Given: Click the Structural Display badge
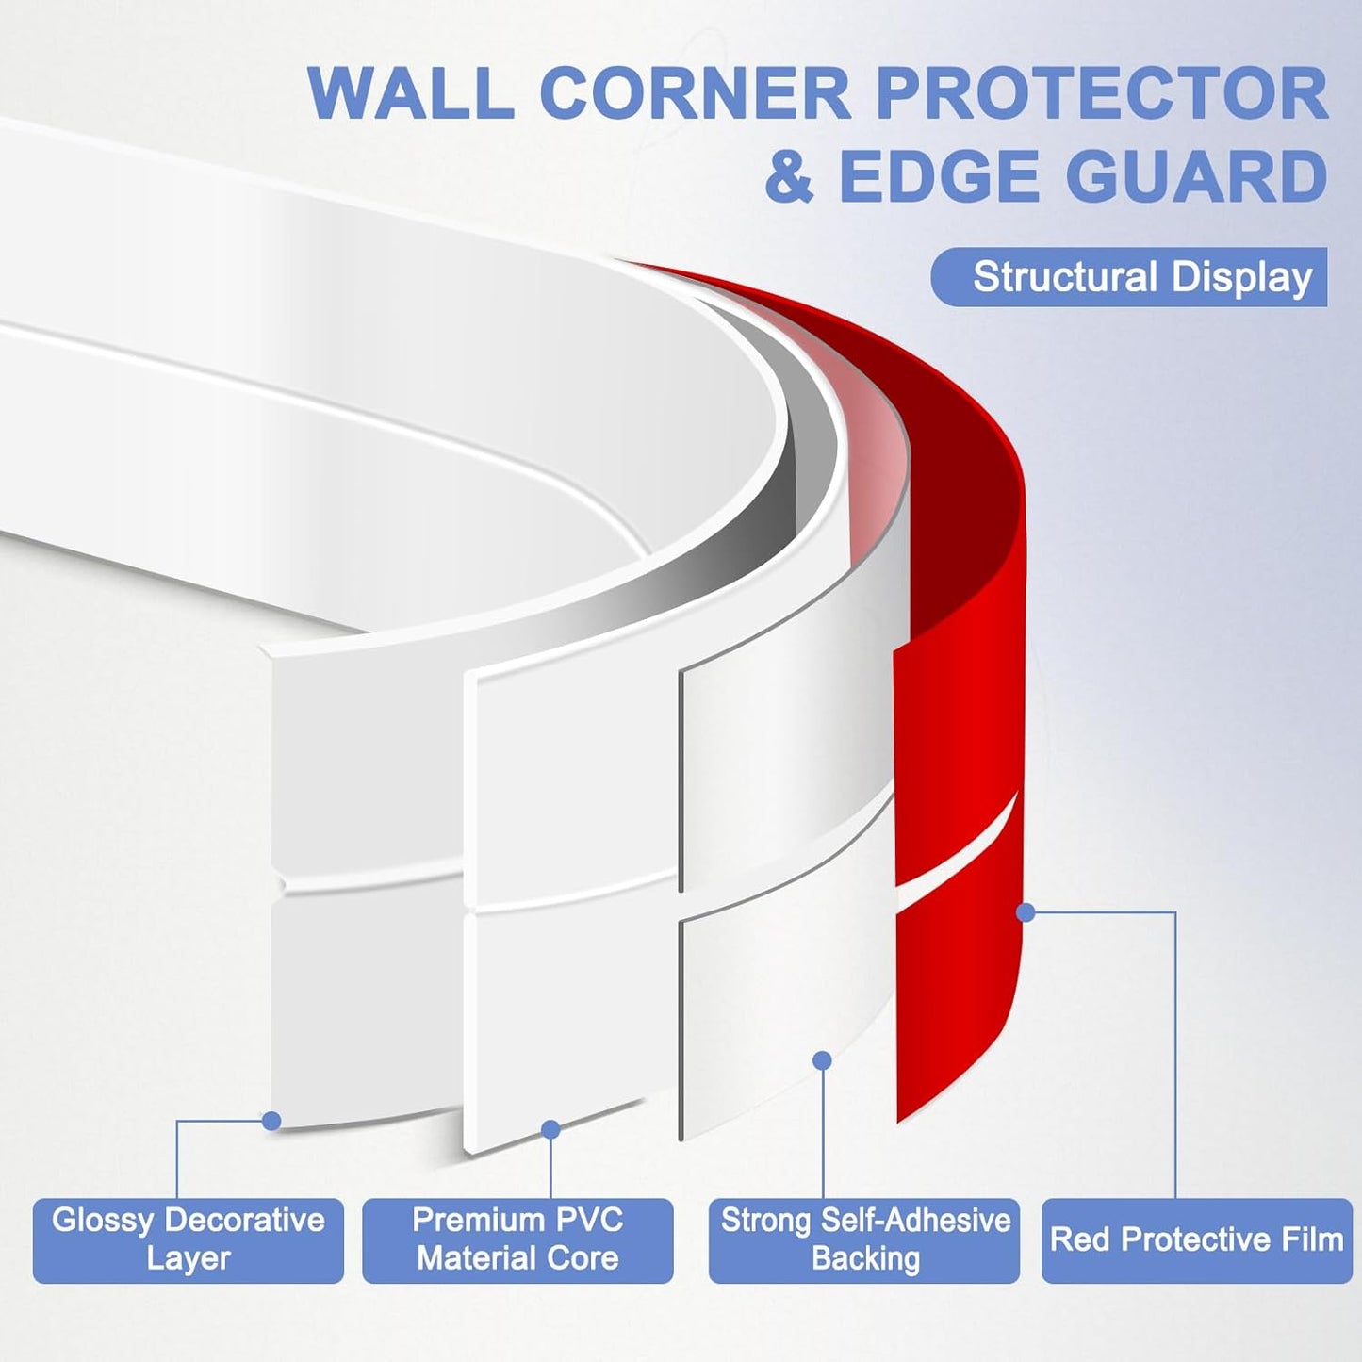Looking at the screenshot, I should (x=1129, y=277).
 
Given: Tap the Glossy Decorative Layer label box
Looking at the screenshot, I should (x=188, y=1239).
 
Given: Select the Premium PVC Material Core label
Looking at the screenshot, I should (x=517, y=1239).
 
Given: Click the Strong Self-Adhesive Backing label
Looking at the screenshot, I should (x=864, y=1239).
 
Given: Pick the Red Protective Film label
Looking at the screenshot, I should (x=1196, y=1239).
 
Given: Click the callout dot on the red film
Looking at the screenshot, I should (x=1026, y=912).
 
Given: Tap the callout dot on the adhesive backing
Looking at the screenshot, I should (x=822, y=1060).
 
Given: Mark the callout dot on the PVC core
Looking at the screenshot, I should (x=550, y=1129).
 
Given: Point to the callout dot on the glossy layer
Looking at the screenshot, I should (x=271, y=1121).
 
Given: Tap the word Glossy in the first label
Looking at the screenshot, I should (x=102, y=1221).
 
